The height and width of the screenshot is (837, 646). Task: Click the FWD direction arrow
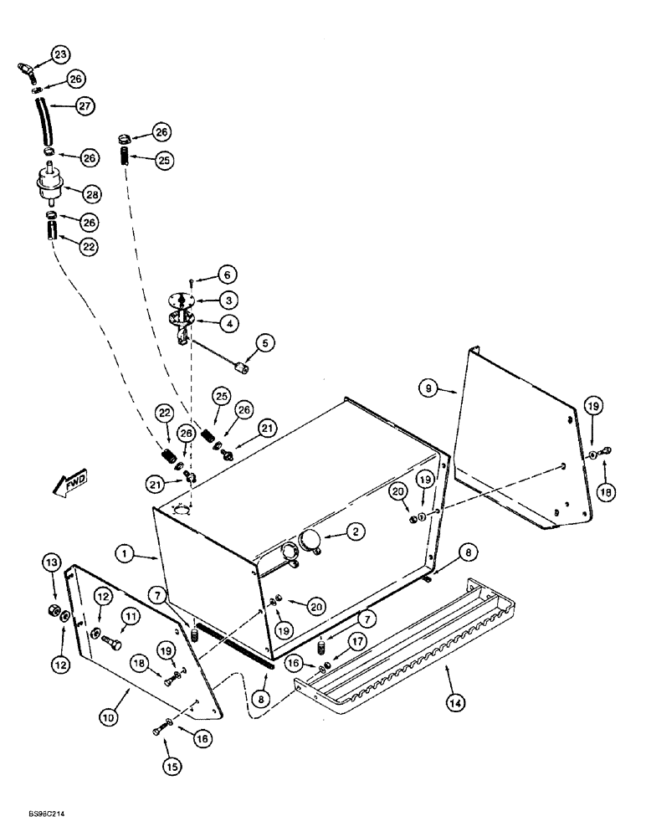70,484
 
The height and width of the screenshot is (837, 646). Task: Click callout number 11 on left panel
105,619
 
